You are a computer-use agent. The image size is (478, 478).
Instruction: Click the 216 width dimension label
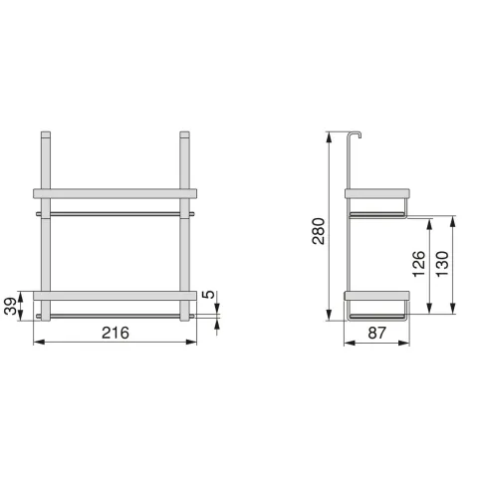pyautogui.click(x=116, y=333)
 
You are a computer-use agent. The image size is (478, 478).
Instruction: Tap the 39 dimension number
pyautogui.click(x=11, y=306)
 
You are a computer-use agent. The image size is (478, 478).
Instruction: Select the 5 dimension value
pyautogui.click(x=209, y=295)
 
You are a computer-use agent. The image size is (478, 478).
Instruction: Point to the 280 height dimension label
pyautogui.click(x=319, y=231)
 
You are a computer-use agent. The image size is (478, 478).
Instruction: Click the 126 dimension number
pyautogui.click(x=419, y=264)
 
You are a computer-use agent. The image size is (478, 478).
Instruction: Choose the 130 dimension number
pyautogui.click(x=442, y=264)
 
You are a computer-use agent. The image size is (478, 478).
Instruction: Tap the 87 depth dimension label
pyautogui.click(x=377, y=333)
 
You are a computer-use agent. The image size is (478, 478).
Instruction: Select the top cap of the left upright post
pyautogui.click(x=46, y=134)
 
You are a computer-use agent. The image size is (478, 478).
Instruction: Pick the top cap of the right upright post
pyautogui.click(x=184, y=134)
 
